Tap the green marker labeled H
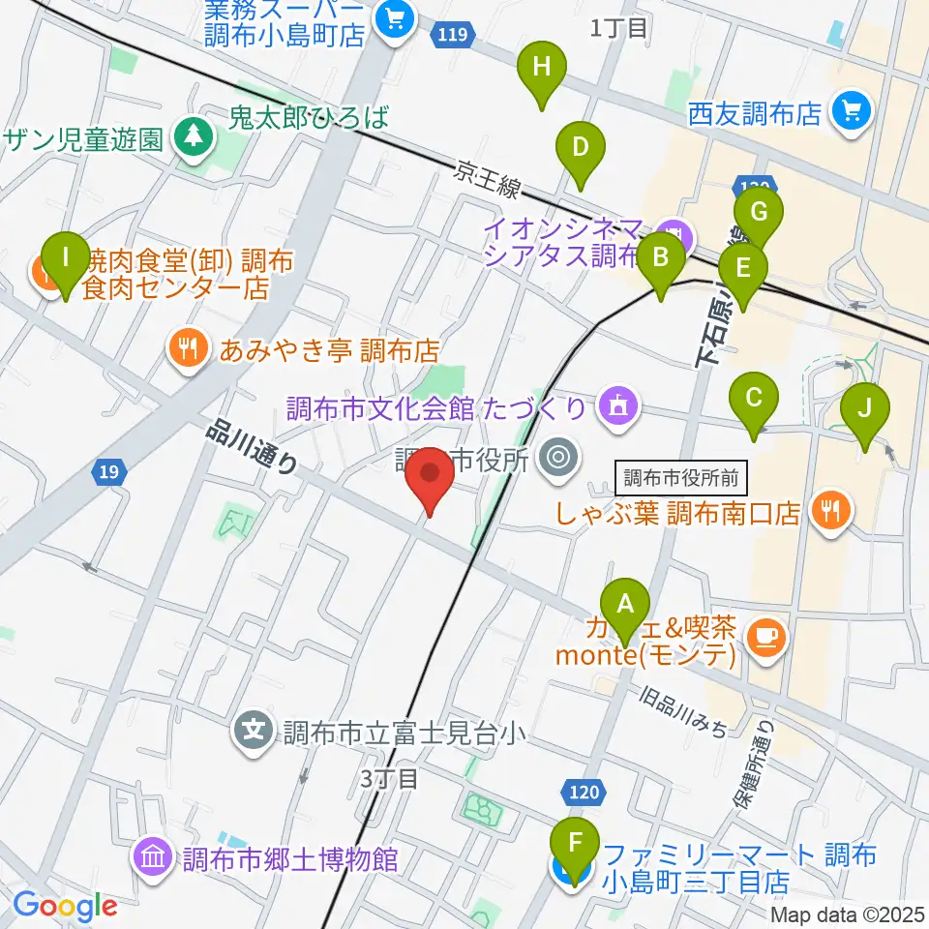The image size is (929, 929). coord(542,68)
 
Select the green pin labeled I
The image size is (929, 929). coord(66,257)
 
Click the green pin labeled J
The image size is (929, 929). coord(864,408)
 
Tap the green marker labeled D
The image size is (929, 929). coord(580,148)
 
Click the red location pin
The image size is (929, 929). coord(430,478)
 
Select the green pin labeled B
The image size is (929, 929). coord(662,258)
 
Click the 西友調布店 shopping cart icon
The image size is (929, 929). coord(852,113)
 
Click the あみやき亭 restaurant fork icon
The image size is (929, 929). coord(188,348)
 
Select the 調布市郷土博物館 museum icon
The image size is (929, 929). coord(153,857)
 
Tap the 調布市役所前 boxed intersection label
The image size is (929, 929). coord(681,476)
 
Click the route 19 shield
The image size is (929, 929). coord(108,472)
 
